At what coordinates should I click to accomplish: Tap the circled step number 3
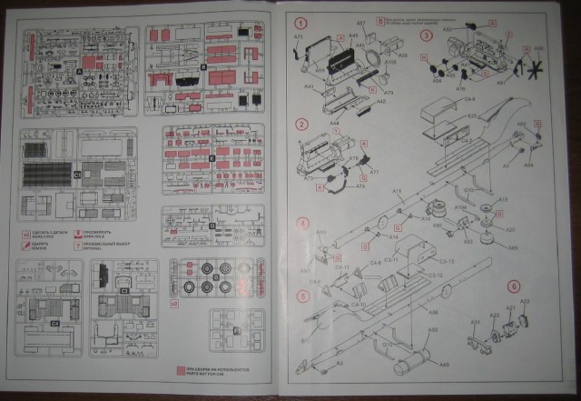pyautogui.click(x=425, y=35)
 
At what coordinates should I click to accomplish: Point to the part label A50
pyautogui.click(x=432, y=330)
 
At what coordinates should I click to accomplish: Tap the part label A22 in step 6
pyautogui.click(x=524, y=301)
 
